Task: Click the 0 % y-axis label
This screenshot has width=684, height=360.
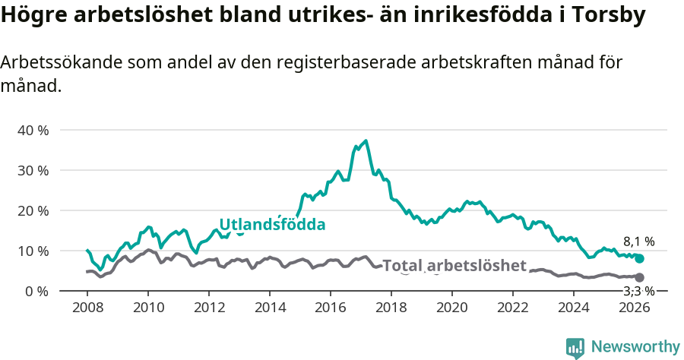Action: [x=36, y=291]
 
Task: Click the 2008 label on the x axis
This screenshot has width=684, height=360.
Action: [x=87, y=308]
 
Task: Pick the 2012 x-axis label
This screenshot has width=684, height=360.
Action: [x=209, y=308]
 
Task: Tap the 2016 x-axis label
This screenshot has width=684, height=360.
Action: [x=331, y=308]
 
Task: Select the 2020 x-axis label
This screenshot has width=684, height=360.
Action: [x=452, y=308]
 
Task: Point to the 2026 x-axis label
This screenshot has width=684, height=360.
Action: [x=635, y=308]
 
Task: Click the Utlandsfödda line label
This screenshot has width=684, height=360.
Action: [x=272, y=224]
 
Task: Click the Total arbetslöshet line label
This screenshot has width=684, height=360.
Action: [x=454, y=265]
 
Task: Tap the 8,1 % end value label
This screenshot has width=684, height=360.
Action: [x=638, y=242]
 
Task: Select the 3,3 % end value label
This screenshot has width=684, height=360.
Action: [x=638, y=291]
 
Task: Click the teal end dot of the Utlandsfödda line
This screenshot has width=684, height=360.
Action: [x=639, y=258]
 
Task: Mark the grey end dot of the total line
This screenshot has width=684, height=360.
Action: [x=639, y=278]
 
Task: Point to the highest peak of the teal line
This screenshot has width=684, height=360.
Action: [x=366, y=141]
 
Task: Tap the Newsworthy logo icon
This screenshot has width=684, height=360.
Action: [x=575, y=348]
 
